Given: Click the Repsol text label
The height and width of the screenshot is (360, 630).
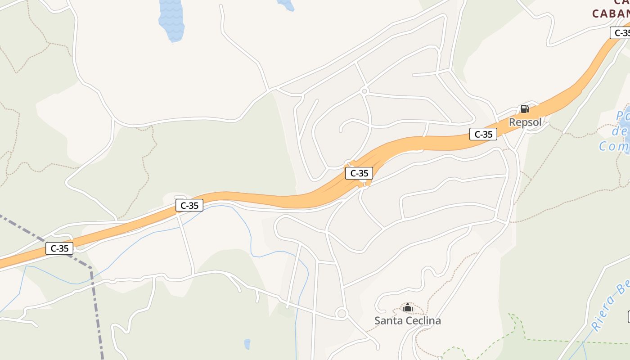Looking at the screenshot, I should (525, 122).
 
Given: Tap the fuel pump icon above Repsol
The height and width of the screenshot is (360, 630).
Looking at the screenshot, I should (525, 109).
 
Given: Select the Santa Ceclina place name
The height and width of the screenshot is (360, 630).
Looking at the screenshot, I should (408, 321).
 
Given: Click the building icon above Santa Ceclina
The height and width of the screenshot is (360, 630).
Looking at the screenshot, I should (408, 308).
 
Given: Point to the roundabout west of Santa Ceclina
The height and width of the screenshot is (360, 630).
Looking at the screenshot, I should (342, 313).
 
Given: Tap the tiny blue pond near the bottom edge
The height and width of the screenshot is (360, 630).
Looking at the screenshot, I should (247, 344).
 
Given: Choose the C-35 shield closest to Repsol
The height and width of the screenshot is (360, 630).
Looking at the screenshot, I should (483, 134).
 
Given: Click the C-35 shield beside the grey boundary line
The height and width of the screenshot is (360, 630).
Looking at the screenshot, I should (59, 248).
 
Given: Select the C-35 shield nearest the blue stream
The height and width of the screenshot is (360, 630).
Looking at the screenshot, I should (189, 206).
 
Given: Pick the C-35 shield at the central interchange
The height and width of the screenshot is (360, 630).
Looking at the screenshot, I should (359, 173).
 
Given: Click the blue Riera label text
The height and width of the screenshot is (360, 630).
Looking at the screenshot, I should (610, 306).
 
